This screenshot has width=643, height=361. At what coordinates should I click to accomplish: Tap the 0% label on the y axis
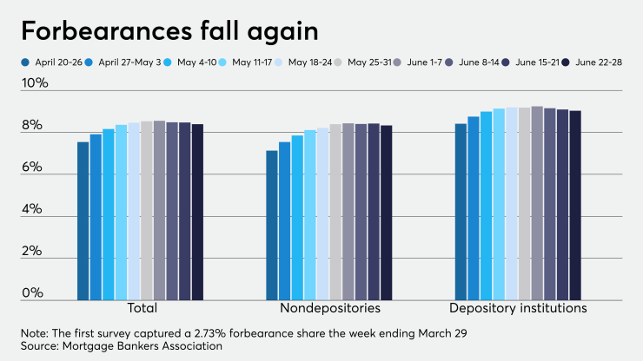tap(35, 293)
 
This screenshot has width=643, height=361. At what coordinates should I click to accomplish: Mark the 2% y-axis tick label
tap(35, 252)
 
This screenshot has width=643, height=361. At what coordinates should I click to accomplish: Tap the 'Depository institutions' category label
tap(518, 308)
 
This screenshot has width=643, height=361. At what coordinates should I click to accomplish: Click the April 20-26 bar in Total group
tap(83, 221)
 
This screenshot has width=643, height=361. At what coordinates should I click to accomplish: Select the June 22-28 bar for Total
tap(197, 213)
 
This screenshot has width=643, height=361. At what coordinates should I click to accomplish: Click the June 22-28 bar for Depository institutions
tap(575, 206)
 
